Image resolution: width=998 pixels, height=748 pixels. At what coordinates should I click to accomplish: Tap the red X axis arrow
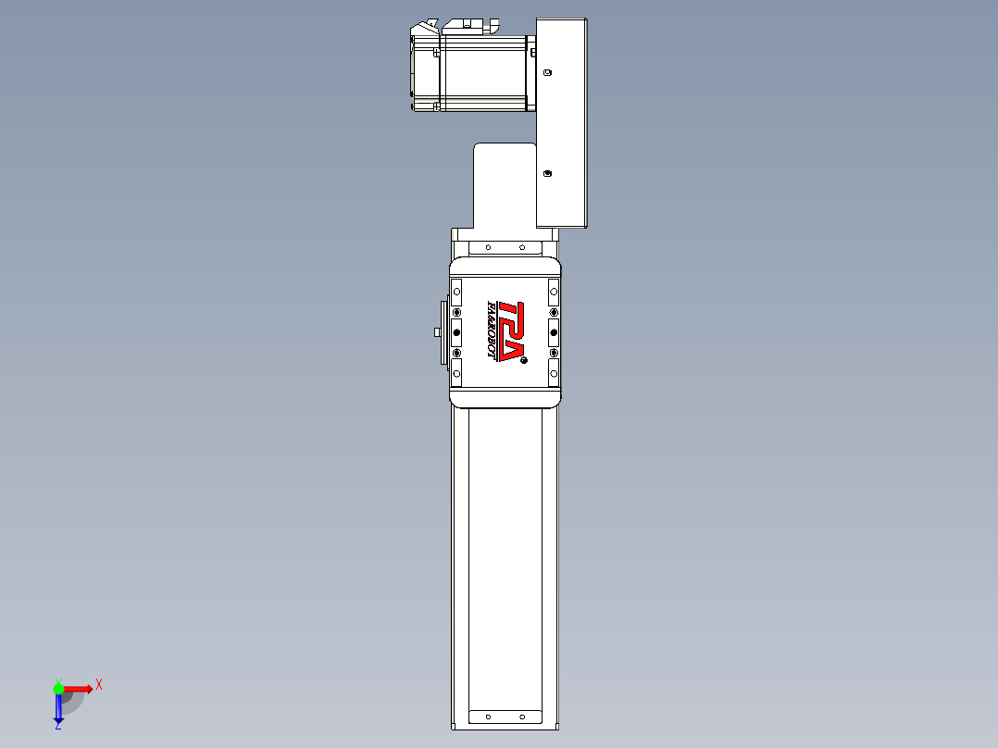coord(78,688)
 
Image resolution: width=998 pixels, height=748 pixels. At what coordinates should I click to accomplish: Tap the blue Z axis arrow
coord(58,707)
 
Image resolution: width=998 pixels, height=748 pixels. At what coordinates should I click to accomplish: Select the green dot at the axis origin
coord(58,688)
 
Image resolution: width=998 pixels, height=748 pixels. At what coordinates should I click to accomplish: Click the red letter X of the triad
coord(99,684)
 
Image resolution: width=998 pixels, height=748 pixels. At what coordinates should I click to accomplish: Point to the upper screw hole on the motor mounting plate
coord(547,71)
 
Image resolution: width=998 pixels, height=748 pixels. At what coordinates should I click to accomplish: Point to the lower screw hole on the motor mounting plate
coord(547,173)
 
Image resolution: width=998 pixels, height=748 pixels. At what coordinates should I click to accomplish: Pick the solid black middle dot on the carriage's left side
coord(456,331)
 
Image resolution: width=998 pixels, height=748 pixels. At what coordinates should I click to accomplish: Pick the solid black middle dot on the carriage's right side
coord(554,331)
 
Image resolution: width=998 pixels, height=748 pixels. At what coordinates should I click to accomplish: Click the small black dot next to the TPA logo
coord(523,359)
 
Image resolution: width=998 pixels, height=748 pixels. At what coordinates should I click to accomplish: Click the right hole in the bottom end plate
coord(521,717)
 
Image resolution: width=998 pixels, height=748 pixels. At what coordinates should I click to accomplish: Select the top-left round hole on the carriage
coord(456,291)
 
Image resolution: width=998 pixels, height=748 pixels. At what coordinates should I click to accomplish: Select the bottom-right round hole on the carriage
coord(554,373)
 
